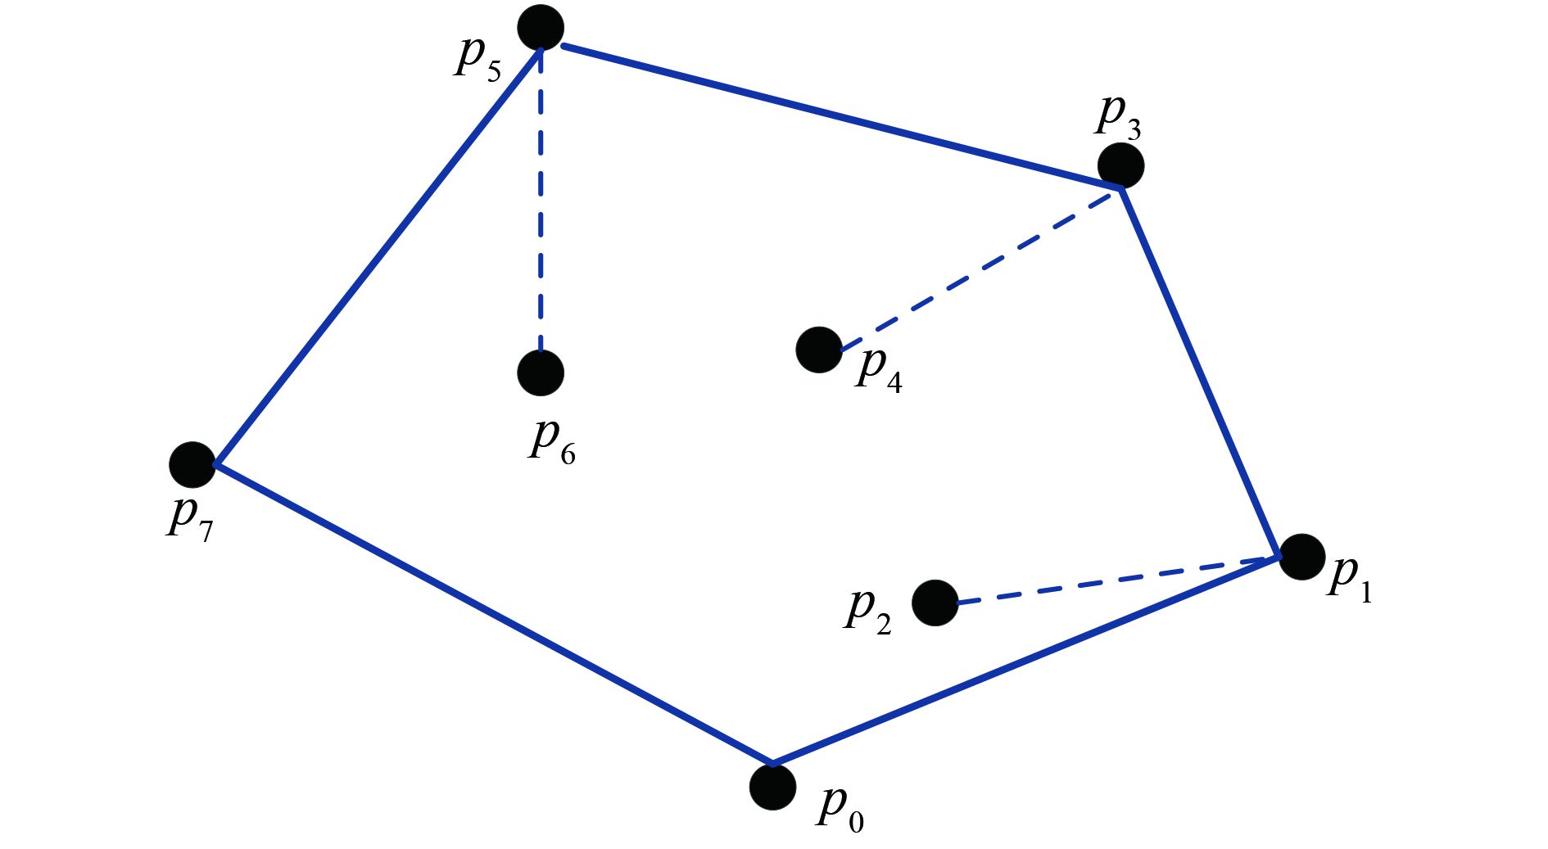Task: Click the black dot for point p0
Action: (x=772, y=787)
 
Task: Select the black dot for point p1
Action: (x=1301, y=557)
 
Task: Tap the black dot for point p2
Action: (x=935, y=603)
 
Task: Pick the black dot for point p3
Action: (x=1120, y=165)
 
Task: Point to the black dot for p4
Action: (x=819, y=350)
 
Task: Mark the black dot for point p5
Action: (x=541, y=28)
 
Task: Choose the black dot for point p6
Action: (x=541, y=373)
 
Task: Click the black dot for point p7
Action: (x=192, y=465)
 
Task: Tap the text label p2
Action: (x=867, y=611)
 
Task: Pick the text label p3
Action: (x=1118, y=115)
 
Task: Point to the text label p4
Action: (x=879, y=370)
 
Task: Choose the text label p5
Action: (x=478, y=58)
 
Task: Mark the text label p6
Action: (x=552, y=442)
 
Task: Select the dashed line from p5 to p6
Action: (x=541, y=201)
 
